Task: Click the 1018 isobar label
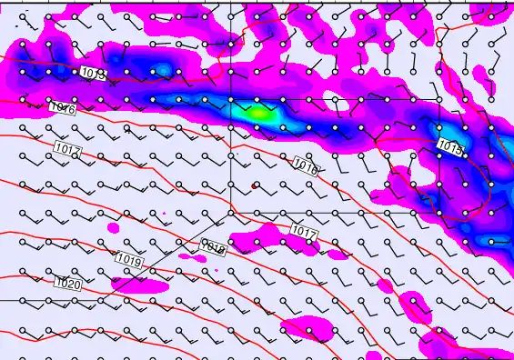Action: tap(212, 245)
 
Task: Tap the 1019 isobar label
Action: tap(130, 260)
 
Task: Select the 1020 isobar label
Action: tap(67, 284)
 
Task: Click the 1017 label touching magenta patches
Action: tap(303, 233)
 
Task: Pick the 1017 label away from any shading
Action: tap(66, 149)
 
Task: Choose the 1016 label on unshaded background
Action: tap(62, 108)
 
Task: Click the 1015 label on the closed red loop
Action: tap(449, 146)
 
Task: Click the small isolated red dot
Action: tap(255, 185)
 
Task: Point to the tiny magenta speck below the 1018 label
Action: tap(217, 270)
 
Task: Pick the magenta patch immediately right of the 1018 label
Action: tap(242, 243)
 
